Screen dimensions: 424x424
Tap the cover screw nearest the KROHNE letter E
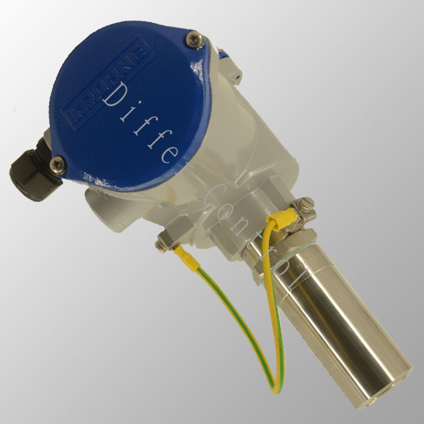coord(194,40)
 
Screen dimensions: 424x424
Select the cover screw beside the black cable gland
coord(58,165)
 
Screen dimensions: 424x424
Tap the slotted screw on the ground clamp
coord(308,203)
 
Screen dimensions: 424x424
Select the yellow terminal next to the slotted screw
coord(282,218)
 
